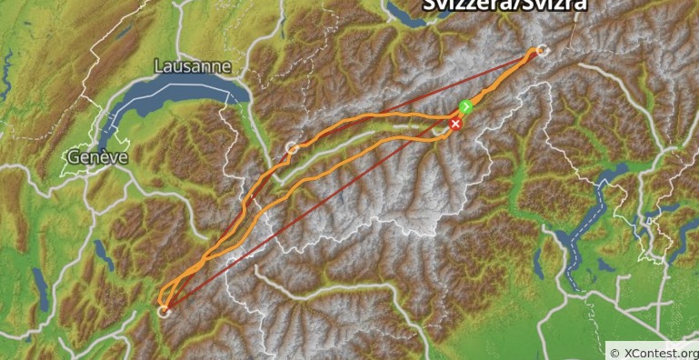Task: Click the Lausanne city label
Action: coord(193,66)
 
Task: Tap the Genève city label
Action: coord(95,157)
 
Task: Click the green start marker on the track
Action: coord(465,107)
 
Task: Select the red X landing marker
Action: coord(455,124)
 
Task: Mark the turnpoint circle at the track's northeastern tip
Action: coord(543,50)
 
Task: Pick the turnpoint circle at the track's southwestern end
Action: coord(165,311)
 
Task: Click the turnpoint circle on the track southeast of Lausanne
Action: coord(292,147)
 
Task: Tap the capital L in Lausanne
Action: coord(159,66)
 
